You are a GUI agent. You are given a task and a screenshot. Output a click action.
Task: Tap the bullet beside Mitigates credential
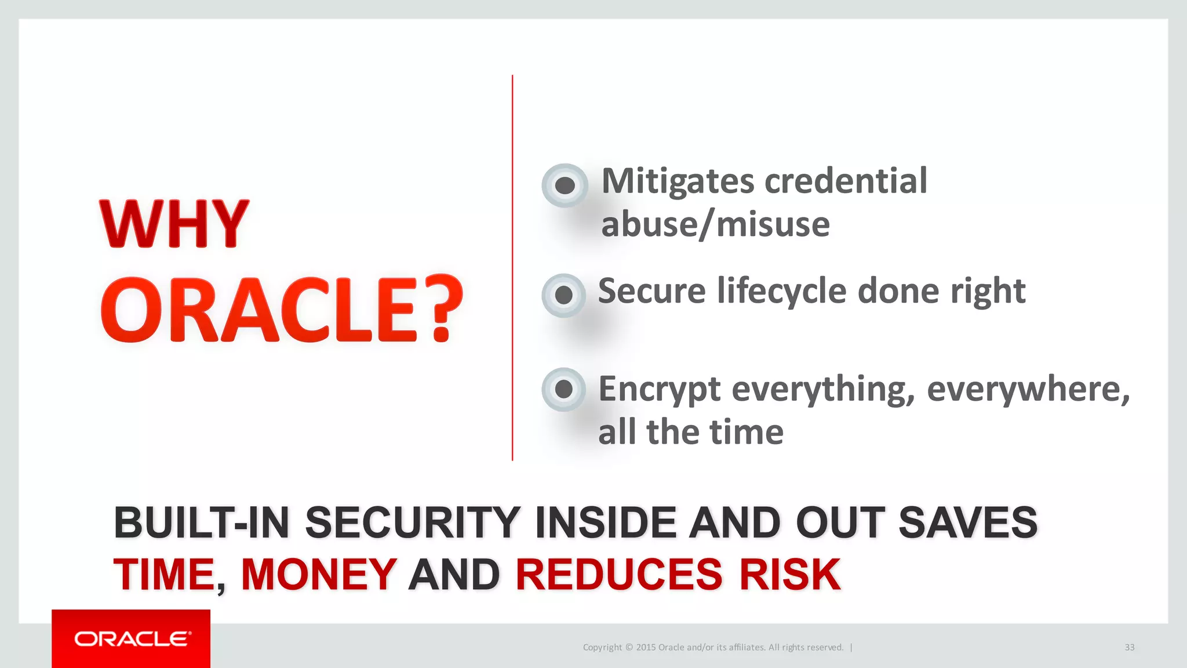(x=565, y=186)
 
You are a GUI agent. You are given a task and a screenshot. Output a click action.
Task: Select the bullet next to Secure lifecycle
(x=563, y=295)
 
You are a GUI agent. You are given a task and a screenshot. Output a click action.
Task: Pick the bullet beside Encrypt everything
(x=563, y=389)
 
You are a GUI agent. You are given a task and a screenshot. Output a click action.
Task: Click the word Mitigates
(x=678, y=181)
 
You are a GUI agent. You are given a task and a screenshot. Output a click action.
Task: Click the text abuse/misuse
(x=715, y=224)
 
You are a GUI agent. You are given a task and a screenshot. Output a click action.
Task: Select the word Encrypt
(x=660, y=389)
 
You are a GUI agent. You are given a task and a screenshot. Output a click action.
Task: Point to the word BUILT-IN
(x=201, y=522)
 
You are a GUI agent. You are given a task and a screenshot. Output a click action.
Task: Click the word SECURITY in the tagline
(x=412, y=522)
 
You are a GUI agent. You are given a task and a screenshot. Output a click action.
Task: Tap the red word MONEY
(x=319, y=575)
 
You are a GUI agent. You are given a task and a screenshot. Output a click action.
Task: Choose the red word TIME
(x=164, y=575)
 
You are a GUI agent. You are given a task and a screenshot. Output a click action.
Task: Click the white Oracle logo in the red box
(x=132, y=639)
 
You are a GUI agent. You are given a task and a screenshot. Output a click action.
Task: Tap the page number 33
(x=1129, y=647)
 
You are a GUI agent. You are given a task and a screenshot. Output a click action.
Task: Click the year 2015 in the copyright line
(x=646, y=647)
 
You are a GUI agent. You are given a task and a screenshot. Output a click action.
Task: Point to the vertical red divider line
(x=512, y=267)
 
